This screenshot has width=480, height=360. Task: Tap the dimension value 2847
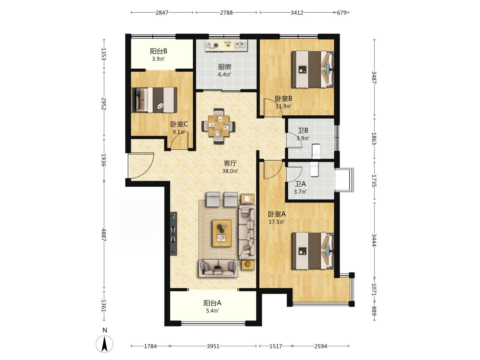(162, 13)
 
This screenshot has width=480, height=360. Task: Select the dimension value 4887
(104, 235)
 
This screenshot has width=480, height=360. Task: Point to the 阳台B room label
(159, 51)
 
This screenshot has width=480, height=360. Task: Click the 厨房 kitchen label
(224, 67)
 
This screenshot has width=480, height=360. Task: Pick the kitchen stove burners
(212, 45)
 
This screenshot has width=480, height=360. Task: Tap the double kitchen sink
(240, 45)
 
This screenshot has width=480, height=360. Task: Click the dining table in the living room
(219, 126)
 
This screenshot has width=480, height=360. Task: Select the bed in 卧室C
(154, 100)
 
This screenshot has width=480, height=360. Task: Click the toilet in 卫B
(316, 151)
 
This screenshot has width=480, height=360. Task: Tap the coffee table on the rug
(222, 233)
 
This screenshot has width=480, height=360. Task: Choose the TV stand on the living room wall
(174, 234)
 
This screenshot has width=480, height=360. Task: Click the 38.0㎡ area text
(230, 171)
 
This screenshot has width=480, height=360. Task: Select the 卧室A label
(277, 214)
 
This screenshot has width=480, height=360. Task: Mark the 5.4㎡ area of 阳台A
(213, 311)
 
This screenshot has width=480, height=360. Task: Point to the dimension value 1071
(374, 290)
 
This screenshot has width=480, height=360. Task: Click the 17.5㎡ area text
(277, 222)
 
